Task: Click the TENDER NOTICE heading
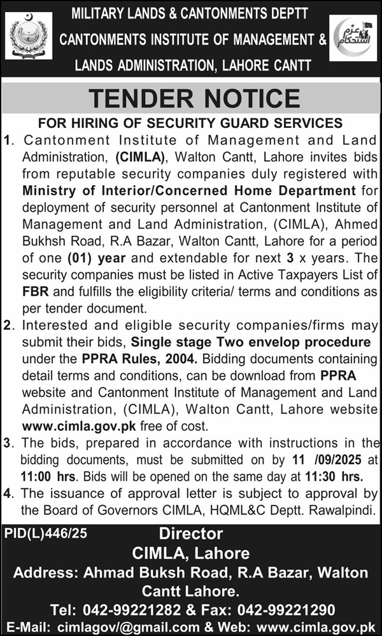pos(194,99)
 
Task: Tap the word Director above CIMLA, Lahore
pos(191,534)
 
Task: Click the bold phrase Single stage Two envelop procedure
pos(267,343)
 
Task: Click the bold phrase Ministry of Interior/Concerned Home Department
pos(189,190)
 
